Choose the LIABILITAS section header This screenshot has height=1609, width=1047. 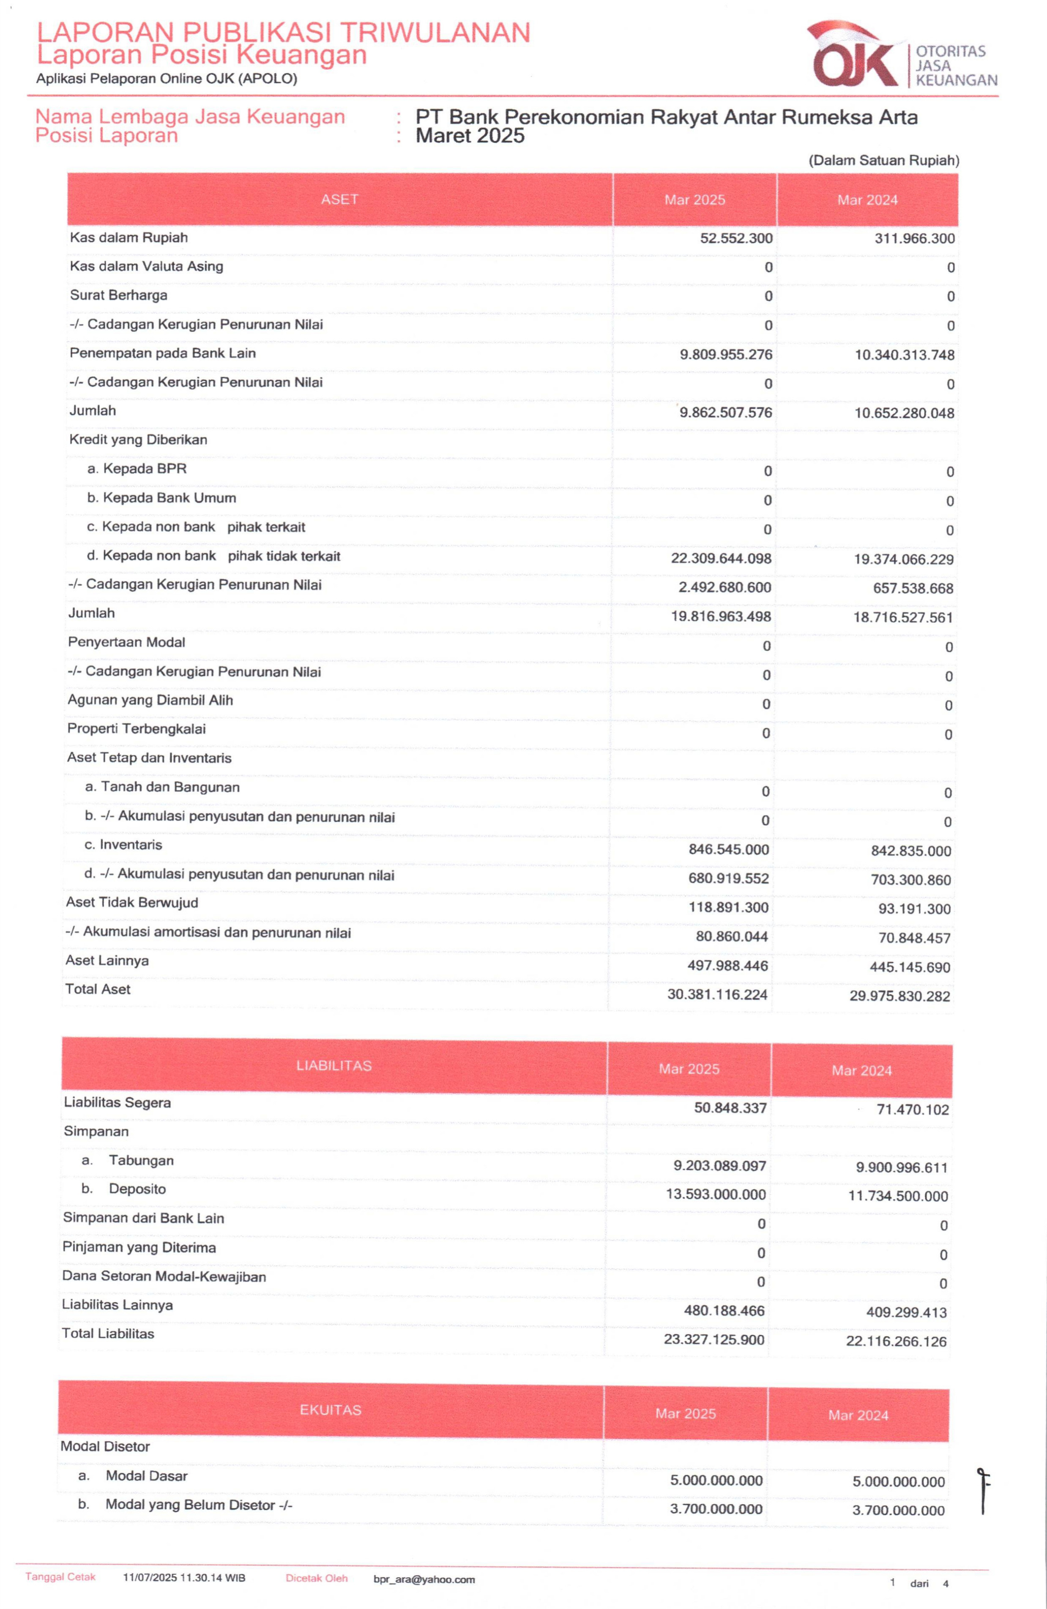point(334,1066)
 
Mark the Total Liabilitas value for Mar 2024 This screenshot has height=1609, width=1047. point(896,1341)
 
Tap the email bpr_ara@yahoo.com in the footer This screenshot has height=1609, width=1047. point(424,1580)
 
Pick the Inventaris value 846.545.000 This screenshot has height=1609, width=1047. point(728,850)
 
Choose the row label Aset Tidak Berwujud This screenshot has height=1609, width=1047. point(132,903)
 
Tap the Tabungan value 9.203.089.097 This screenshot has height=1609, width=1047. point(720,1165)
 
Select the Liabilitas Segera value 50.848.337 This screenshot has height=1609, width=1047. point(730,1108)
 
